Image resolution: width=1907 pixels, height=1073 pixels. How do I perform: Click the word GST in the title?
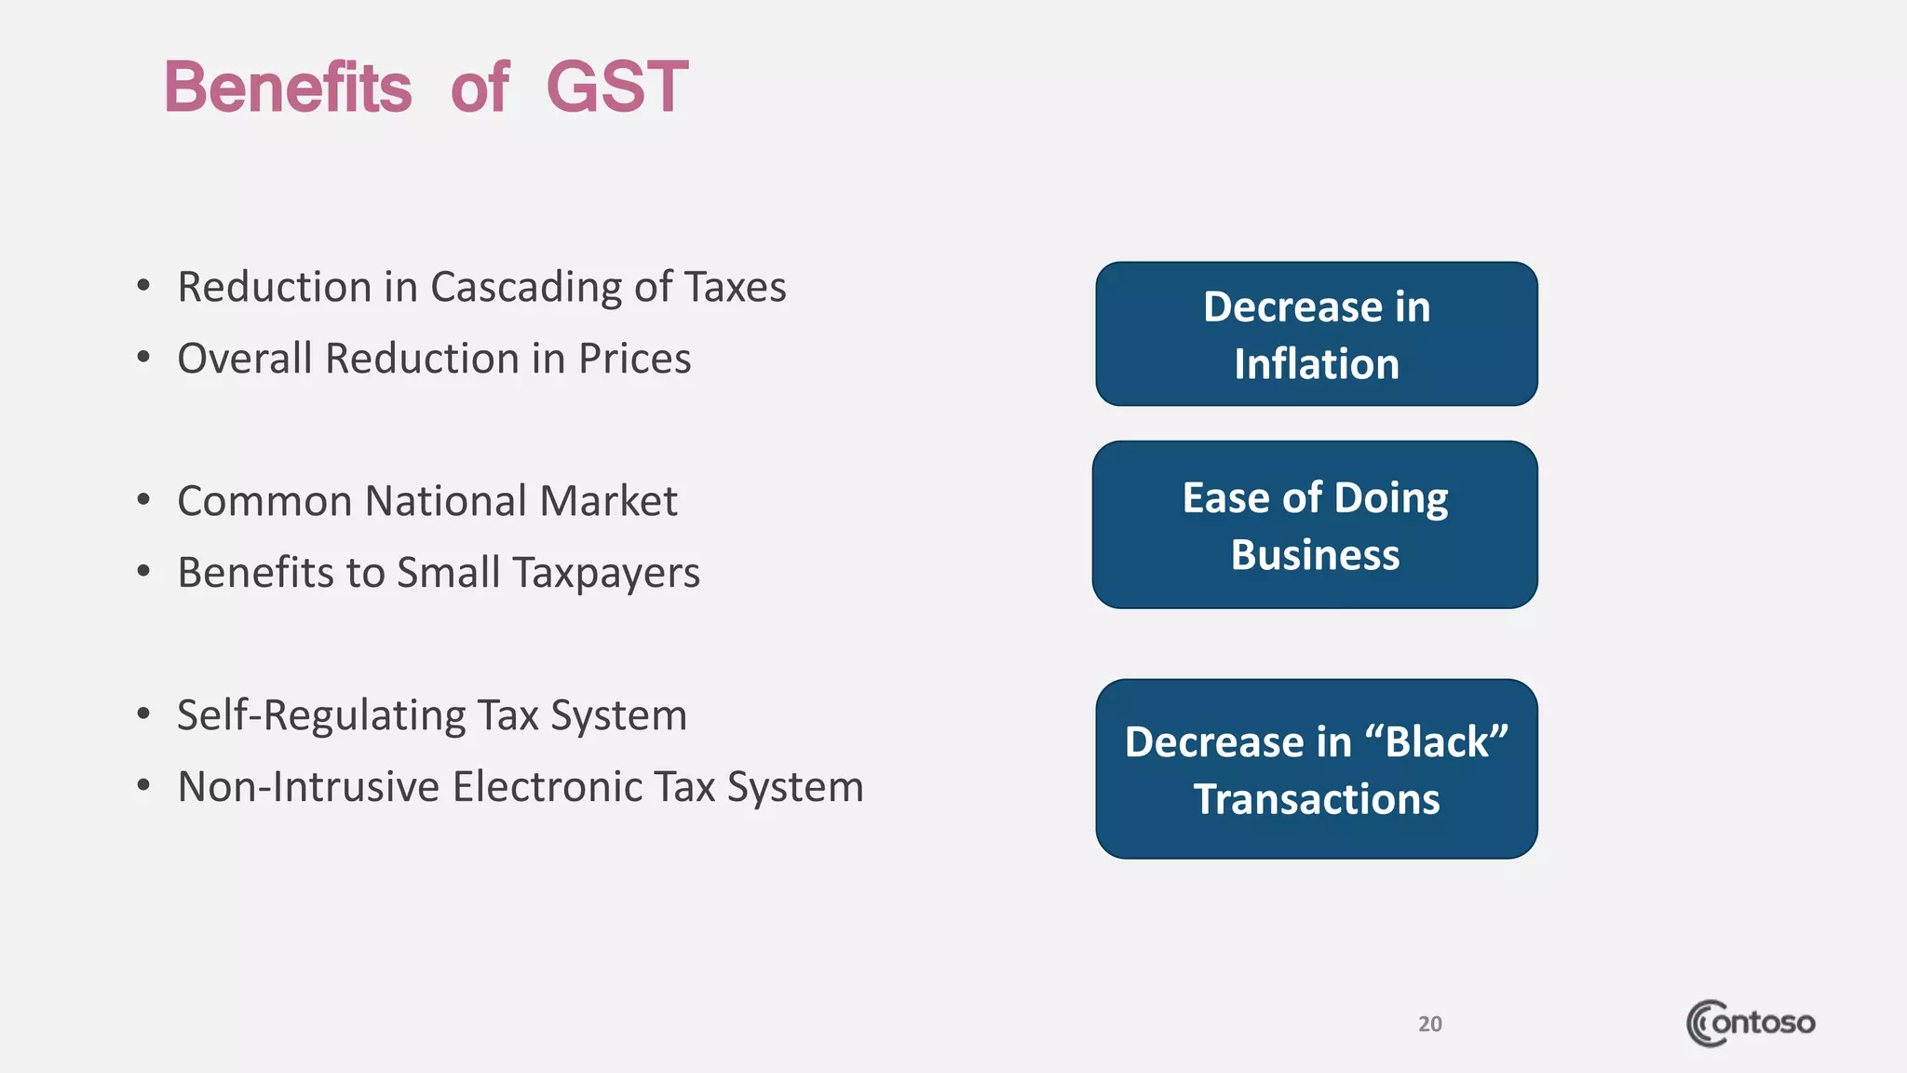[616, 88]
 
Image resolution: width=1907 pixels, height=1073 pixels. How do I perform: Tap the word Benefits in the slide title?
[288, 88]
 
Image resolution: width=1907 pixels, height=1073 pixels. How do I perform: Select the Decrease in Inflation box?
[1316, 333]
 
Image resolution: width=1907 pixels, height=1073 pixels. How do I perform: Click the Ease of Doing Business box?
[1315, 524]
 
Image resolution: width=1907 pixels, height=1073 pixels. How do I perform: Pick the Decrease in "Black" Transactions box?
[1316, 768]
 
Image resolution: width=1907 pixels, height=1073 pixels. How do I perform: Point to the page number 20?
[1429, 1024]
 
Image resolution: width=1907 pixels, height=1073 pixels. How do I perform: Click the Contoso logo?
[1750, 1023]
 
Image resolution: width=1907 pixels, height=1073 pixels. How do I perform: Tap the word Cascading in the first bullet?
[525, 288]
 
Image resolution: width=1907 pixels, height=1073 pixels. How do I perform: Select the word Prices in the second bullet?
[634, 360]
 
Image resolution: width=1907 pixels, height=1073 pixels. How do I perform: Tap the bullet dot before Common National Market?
[143, 500]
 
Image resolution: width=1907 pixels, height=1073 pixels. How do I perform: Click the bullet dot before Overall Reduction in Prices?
[143, 358]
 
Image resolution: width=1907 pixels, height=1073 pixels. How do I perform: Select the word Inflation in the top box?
[1316, 364]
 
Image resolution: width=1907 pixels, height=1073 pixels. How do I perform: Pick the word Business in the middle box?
[1315, 555]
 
